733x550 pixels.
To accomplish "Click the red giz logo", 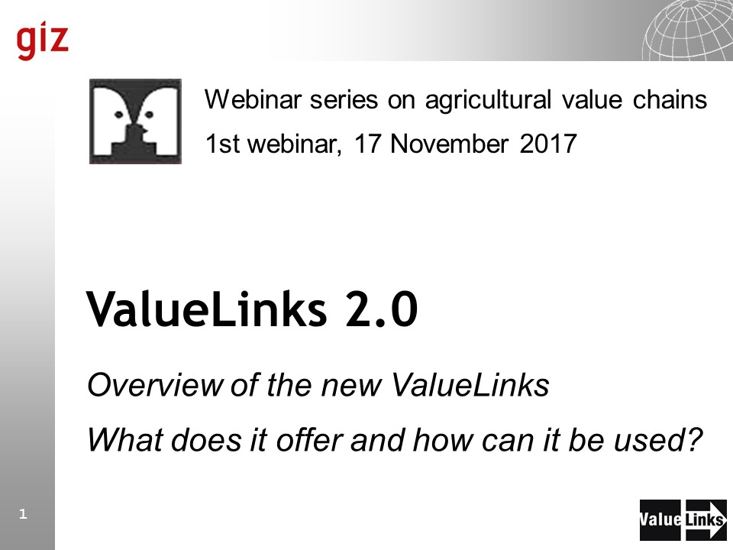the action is point(43,40).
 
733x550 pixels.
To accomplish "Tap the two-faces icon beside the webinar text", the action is point(135,121).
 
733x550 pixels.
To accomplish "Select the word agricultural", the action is point(488,101).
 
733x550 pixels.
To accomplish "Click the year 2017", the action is point(548,144).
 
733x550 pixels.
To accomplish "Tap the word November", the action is point(449,144).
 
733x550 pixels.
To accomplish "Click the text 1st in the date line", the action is point(222,144).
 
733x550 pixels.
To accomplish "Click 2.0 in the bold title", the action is point(381,309).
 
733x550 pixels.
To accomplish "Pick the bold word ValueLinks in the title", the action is point(207,309).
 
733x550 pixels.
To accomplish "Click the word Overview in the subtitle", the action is point(155,385).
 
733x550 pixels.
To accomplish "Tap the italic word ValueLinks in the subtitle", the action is point(470,385).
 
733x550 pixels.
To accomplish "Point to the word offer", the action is point(309,440).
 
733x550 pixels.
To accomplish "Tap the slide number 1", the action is point(23,514).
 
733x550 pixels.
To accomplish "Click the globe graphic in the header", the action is point(687,30).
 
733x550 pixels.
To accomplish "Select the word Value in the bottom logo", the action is point(660,519).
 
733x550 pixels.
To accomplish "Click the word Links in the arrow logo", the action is point(705,519).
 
